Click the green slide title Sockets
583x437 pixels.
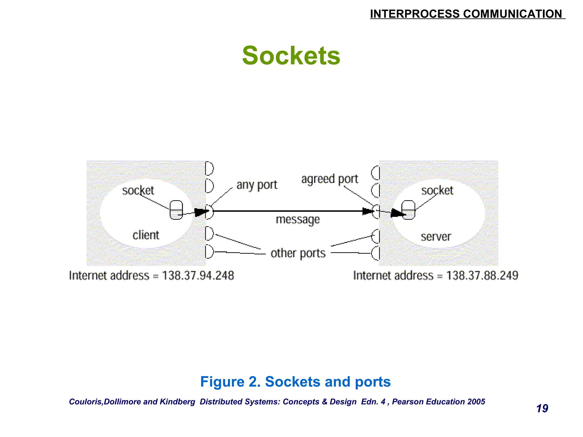(x=291, y=56)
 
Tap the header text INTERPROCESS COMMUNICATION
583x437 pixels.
(x=466, y=14)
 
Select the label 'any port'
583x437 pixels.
(x=257, y=185)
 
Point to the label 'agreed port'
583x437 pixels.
(x=330, y=179)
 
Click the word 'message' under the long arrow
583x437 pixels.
(x=298, y=220)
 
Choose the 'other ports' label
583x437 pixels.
(x=298, y=253)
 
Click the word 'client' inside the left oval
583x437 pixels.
(x=146, y=235)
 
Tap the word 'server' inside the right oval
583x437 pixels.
(x=436, y=237)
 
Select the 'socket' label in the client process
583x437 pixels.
(x=138, y=190)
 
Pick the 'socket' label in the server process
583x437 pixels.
(x=437, y=190)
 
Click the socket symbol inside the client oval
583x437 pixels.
(x=176, y=210)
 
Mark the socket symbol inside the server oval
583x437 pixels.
(x=409, y=210)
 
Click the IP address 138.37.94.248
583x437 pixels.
(x=198, y=275)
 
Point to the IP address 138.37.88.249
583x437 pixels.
(x=482, y=275)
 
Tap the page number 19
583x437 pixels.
(x=542, y=409)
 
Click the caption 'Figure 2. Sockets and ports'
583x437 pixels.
(x=295, y=382)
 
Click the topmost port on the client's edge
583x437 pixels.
(x=209, y=168)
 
